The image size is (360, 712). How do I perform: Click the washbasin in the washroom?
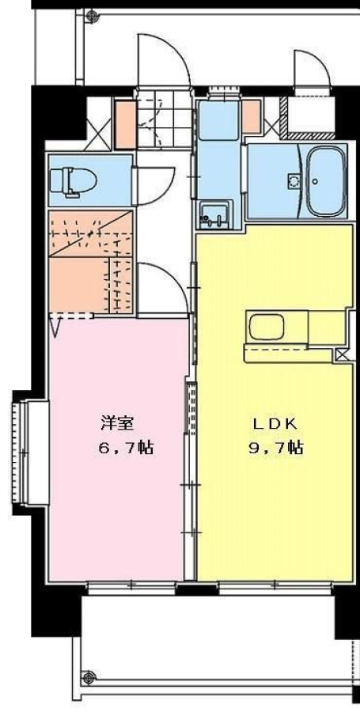tap(215, 214)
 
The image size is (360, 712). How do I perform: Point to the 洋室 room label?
tap(117, 424)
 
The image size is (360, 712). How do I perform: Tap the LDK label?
tap(275, 424)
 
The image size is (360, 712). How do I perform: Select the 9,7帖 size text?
tap(276, 449)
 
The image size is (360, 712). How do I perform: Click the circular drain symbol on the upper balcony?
tap(92, 16)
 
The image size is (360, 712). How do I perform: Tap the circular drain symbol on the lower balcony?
tap(89, 677)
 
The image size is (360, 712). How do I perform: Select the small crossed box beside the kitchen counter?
tap(343, 354)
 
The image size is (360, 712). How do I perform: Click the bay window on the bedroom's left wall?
tap(30, 453)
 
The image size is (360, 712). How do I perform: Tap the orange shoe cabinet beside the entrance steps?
tap(125, 124)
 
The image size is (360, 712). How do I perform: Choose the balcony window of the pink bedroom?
tap(131, 587)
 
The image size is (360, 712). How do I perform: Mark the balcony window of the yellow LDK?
tap(275, 587)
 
